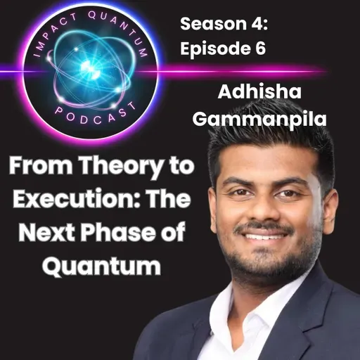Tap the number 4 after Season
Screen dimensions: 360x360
[255, 24]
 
